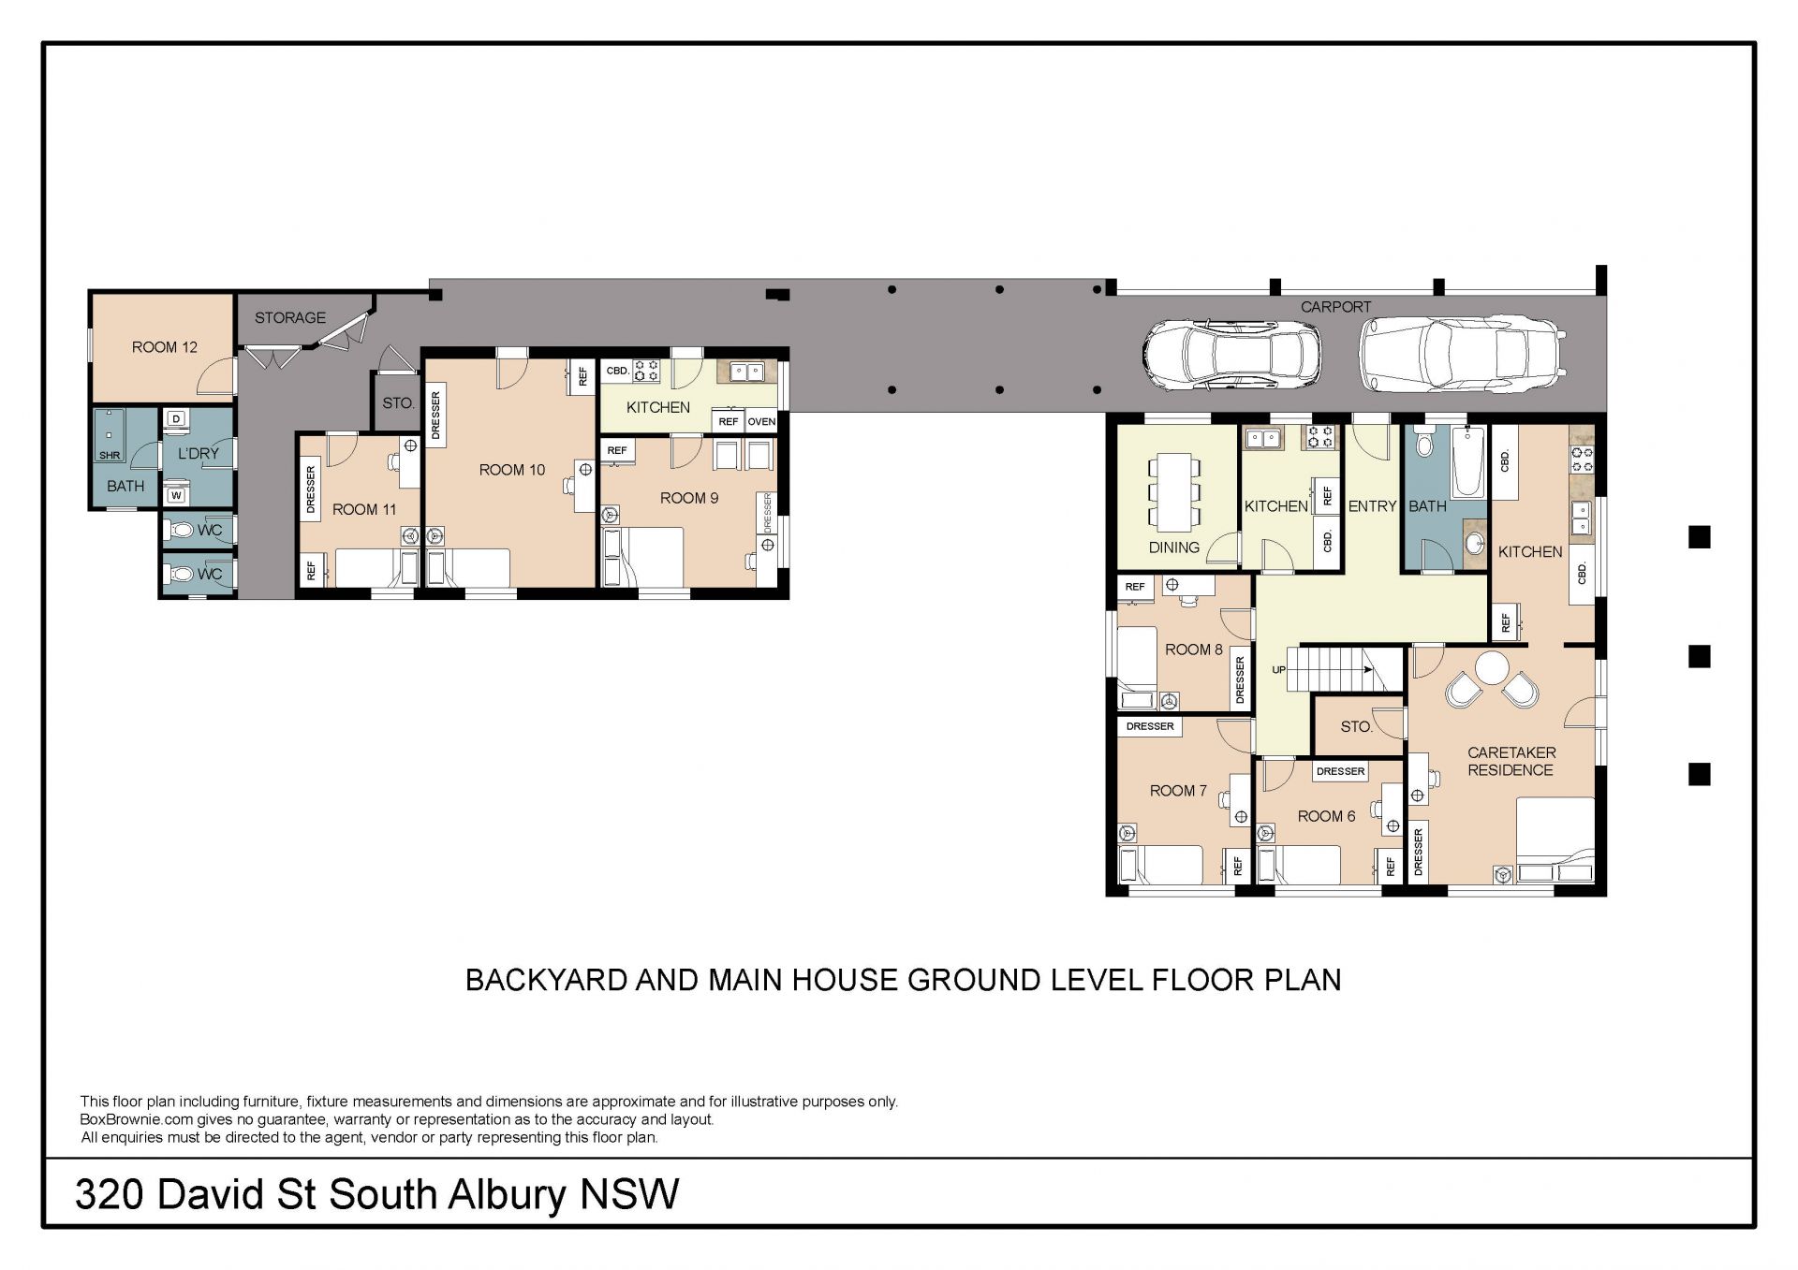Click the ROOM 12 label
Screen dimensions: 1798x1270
click(x=165, y=347)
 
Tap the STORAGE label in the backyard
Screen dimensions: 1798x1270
click(x=290, y=318)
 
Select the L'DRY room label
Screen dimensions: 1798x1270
click(x=199, y=454)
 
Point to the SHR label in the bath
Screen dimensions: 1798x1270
click(x=110, y=456)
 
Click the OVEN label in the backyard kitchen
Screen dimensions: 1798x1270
click(x=761, y=422)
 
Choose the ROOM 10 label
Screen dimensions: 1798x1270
click(x=512, y=470)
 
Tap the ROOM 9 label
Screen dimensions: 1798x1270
click(x=689, y=498)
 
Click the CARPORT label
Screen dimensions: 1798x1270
click(x=1335, y=307)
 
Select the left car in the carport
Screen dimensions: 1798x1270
click(x=1231, y=356)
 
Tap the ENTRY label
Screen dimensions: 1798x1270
click(x=1372, y=506)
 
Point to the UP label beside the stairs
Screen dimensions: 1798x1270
click(x=1278, y=670)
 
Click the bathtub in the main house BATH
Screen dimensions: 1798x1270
click(x=1468, y=462)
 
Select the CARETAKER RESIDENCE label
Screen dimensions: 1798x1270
click(x=1511, y=761)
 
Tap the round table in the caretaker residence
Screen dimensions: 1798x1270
click(x=1492, y=668)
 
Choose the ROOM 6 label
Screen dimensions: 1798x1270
click(x=1326, y=816)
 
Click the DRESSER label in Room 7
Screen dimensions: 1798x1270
click(x=1150, y=726)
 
